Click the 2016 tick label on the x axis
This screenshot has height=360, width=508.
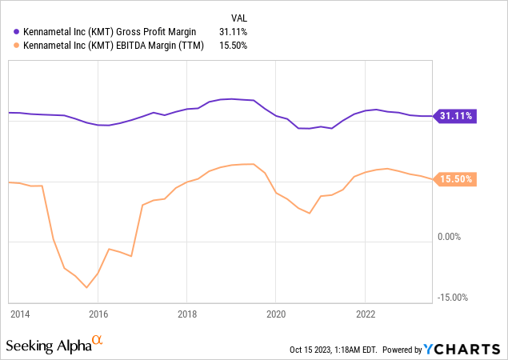[98, 314]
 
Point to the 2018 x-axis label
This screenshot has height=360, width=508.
[187, 314]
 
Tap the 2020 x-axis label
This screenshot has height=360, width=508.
[275, 314]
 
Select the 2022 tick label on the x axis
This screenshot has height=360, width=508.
[365, 314]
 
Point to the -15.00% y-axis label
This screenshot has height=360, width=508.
[452, 298]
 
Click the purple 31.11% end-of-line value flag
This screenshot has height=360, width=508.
[456, 116]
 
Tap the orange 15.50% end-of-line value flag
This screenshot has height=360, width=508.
[456, 180]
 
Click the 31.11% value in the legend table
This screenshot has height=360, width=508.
[234, 31]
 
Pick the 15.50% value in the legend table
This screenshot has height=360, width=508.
[234, 46]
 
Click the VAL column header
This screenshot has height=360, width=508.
[238, 16]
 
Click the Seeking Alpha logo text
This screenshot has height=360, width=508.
[48, 346]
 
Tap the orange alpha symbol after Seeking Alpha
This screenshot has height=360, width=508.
[98, 342]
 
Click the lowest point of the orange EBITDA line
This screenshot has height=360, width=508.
[86, 288]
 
